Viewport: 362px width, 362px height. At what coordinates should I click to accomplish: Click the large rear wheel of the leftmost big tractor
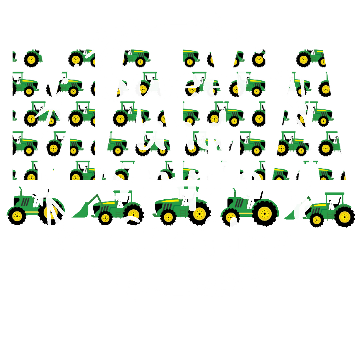coord(51,212)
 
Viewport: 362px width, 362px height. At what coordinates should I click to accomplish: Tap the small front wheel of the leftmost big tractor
coord(17,216)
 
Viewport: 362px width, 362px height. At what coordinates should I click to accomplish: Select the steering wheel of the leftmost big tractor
coord(34,195)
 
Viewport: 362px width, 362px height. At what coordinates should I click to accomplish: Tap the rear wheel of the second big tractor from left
coord(133,215)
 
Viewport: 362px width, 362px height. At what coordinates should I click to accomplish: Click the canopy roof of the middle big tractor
coord(188,188)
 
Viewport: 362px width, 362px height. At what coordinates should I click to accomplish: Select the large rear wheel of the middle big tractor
coord(200,214)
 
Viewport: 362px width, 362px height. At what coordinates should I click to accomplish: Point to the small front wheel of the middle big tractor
coord(168,217)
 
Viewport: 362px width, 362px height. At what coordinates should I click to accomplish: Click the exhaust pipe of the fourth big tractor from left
coord(234,192)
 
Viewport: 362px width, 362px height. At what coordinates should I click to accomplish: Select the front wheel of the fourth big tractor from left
coord(231,217)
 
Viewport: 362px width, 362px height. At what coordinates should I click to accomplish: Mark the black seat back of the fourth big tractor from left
coord(261,195)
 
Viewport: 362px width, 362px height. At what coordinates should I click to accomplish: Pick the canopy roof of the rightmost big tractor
coord(335,194)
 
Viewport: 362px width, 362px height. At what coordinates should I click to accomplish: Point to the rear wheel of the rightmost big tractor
coord(345,216)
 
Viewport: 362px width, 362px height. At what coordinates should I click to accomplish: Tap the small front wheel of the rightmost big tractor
coord(317,220)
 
